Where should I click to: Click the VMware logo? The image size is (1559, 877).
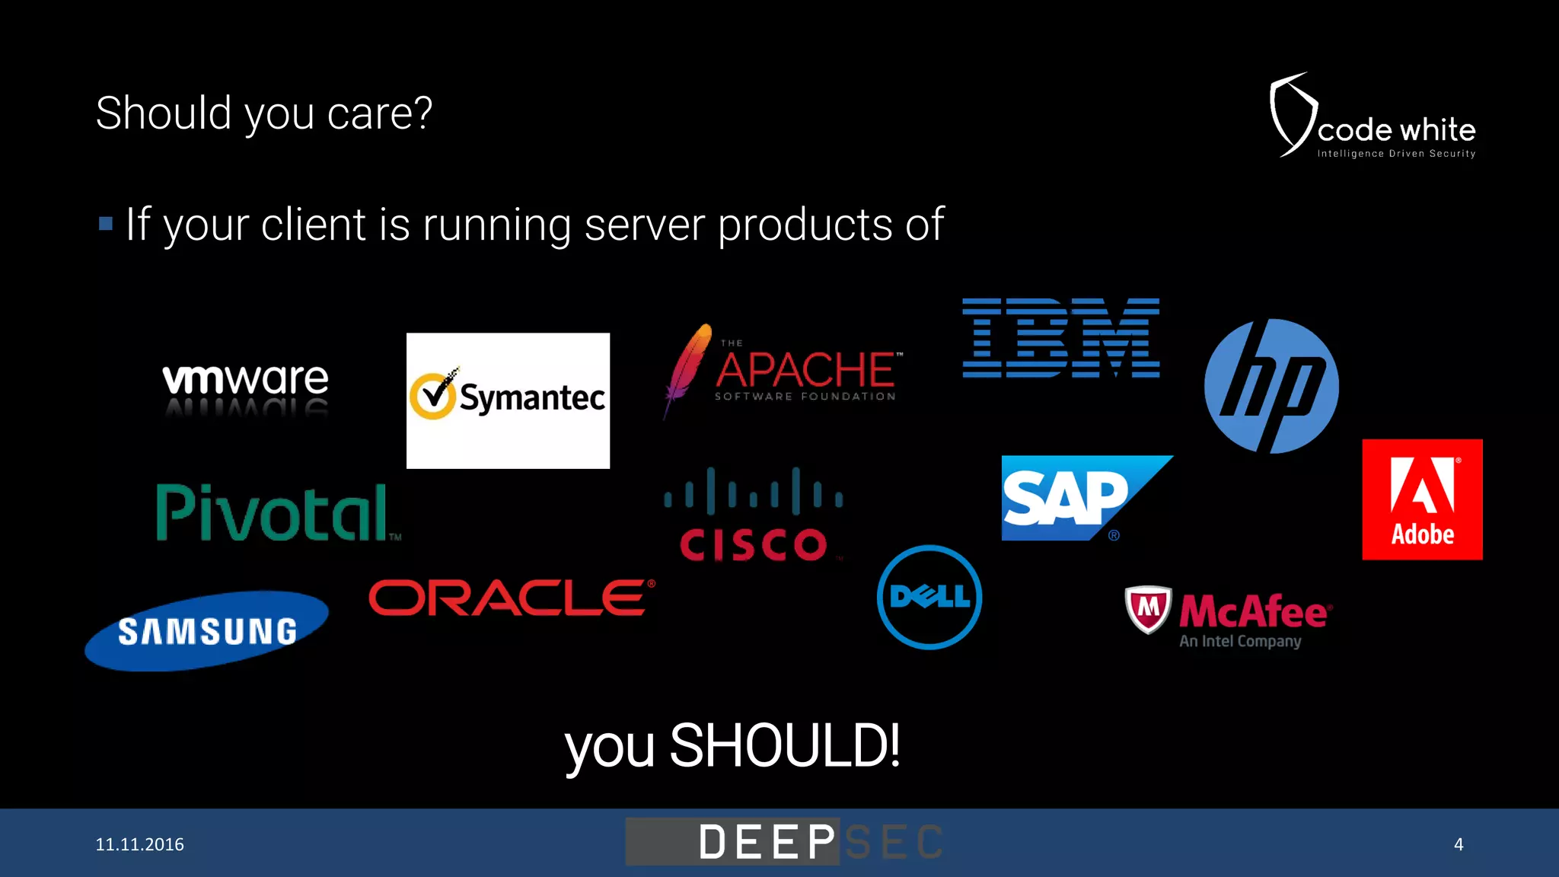point(245,380)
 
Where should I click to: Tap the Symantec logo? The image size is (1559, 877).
point(508,400)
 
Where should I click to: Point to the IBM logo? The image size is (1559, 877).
point(1060,338)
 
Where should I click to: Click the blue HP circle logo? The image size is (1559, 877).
point(1271,386)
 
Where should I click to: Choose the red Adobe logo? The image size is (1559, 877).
point(1422,499)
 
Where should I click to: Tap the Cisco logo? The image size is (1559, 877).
point(754,515)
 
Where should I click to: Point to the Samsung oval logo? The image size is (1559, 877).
point(207,631)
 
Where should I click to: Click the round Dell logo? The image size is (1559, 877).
point(929,597)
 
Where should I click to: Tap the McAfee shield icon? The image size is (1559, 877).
point(1148,608)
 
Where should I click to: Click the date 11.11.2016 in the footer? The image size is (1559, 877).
point(140,844)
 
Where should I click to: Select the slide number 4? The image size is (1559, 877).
point(1459,844)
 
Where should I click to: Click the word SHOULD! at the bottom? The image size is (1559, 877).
point(785,745)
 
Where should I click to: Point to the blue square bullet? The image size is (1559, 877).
point(106,224)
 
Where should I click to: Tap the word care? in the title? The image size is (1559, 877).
point(379,113)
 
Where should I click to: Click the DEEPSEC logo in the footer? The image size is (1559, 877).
point(784,842)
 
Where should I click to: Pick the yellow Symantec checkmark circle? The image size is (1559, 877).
point(432,395)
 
